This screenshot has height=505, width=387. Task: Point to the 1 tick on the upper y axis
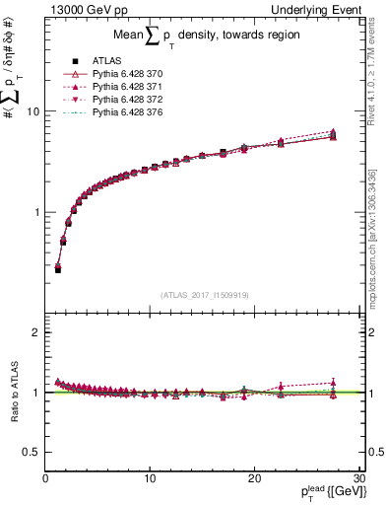(36, 212)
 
